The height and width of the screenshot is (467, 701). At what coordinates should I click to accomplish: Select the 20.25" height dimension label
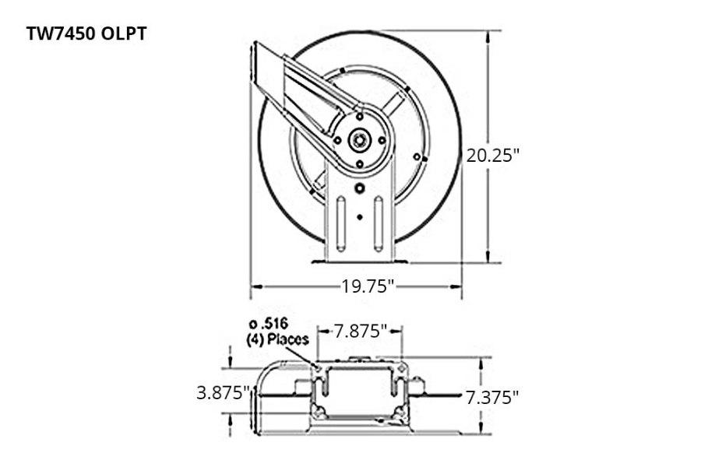tap(492, 154)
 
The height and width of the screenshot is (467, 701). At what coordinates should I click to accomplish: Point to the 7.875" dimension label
tap(361, 331)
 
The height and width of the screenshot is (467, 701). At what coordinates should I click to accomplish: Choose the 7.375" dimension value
tap(492, 398)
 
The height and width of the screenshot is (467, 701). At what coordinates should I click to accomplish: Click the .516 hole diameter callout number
tap(268, 323)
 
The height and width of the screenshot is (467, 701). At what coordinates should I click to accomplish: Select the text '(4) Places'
tap(277, 339)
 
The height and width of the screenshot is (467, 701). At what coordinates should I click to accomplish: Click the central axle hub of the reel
tap(360, 141)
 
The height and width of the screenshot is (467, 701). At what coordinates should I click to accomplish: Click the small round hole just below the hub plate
tap(359, 188)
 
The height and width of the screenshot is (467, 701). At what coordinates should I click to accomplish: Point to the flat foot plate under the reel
tap(359, 260)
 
